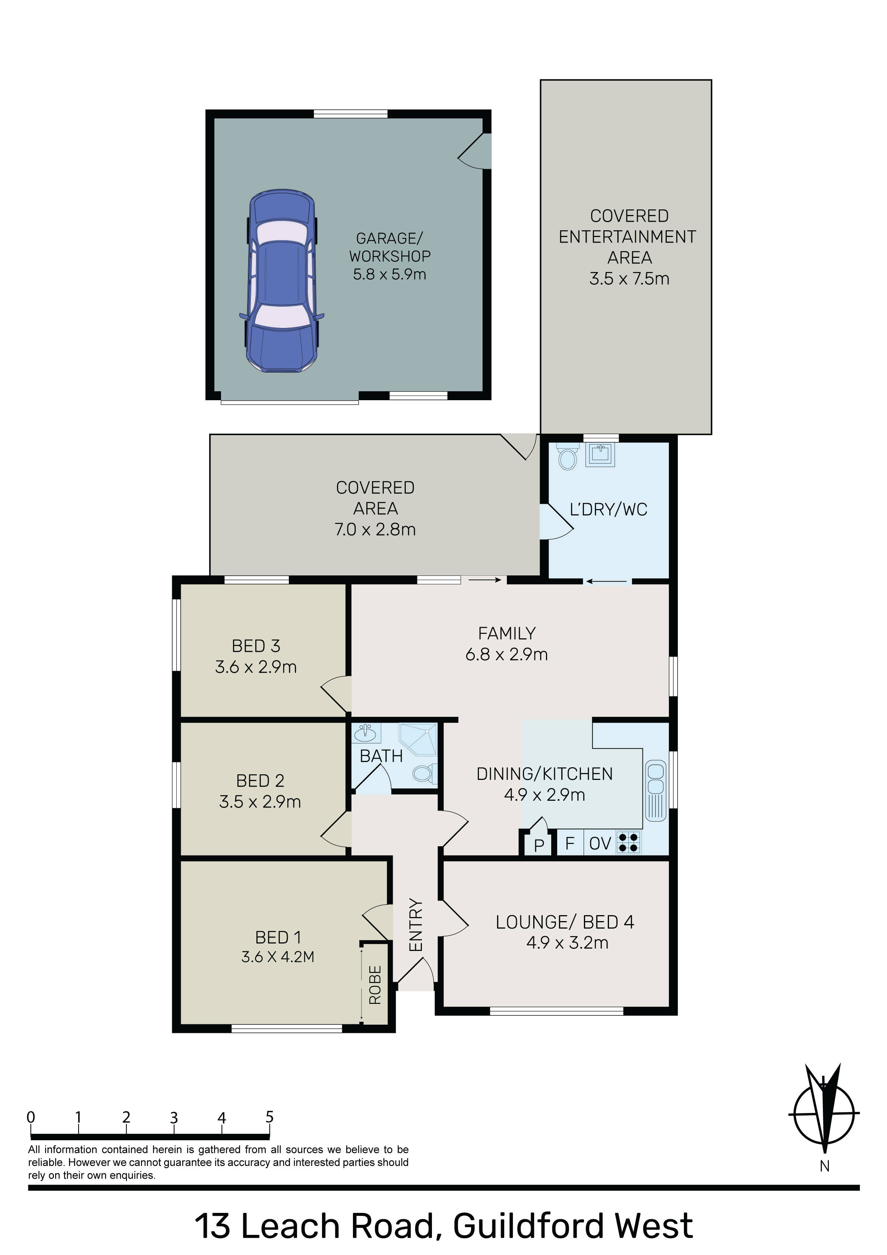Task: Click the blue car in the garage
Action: pyautogui.click(x=282, y=281)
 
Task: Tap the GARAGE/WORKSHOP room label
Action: pyautogui.click(x=390, y=247)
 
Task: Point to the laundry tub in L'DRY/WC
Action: pyautogui.click(x=600, y=454)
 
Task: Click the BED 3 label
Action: pyautogui.click(x=256, y=646)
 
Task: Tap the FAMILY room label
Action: pyautogui.click(x=506, y=633)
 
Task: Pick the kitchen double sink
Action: pyautogui.click(x=656, y=791)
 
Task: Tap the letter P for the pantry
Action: pyautogui.click(x=539, y=845)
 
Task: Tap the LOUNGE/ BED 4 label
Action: pyautogui.click(x=565, y=922)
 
